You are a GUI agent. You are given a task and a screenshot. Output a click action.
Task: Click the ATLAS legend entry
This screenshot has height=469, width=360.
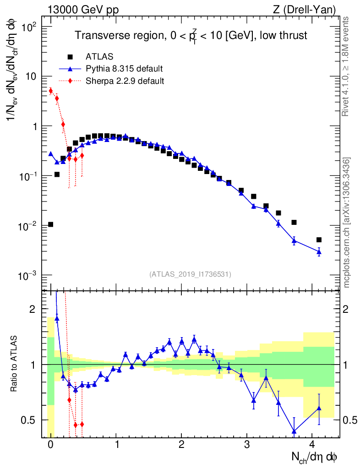pos(96,57)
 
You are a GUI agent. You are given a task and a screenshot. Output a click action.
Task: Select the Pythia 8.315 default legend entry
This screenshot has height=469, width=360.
pos(124,69)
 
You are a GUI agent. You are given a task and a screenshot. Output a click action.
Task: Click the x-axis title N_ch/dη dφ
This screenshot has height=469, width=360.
pos(315,457)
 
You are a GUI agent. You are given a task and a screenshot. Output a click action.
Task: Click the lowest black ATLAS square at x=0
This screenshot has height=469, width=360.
pos(50,224)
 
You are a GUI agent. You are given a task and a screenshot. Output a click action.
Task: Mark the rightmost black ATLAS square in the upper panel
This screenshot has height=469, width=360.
pos(319,240)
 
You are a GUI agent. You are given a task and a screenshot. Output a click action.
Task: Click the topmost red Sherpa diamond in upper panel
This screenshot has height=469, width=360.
pos(50,91)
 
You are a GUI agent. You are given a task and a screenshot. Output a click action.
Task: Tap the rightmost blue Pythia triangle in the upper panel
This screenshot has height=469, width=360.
pos(319,251)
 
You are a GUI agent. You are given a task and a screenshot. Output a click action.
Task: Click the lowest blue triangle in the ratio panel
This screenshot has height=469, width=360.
pos(294,431)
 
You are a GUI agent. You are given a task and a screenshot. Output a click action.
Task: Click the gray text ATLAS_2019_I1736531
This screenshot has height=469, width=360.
pos(190,274)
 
